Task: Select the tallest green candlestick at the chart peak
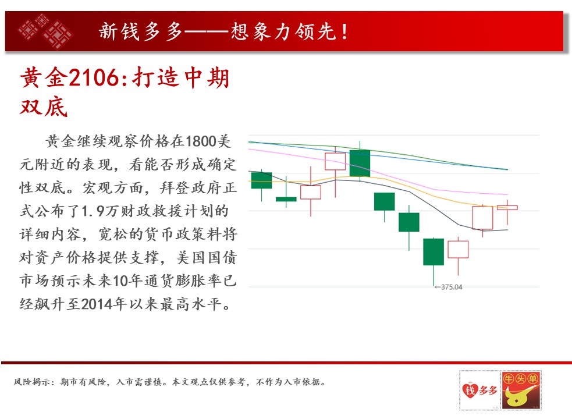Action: pos(360,163)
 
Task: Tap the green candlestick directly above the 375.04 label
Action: pos(434,252)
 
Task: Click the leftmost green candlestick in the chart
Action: pos(261,180)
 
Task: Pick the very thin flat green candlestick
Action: pos(286,199)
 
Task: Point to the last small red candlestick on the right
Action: pos(507,208)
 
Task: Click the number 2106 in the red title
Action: pos(94,78)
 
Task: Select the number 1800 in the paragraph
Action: pos(201,141)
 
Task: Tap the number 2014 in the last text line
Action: pos(97,304)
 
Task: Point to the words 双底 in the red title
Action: pos(44,107)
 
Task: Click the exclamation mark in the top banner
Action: pos(344,32)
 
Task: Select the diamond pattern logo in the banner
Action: pos(45,31)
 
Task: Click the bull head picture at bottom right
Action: pos(521,390)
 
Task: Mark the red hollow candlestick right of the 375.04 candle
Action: pos(458,250)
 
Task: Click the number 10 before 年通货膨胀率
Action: pos(121,280)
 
